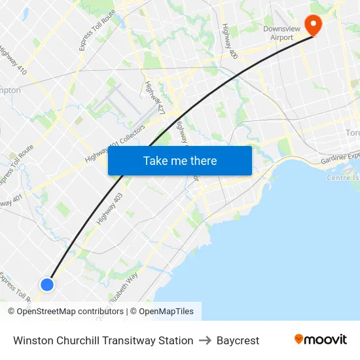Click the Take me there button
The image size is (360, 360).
[x=180, y=161]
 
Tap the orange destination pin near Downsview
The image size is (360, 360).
[x=314, y=25]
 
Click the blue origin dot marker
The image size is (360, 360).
[x=47, y=284]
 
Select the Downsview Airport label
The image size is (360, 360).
[x=278, y=33]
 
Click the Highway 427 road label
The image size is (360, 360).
[x=154, y=98]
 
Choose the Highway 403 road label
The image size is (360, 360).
[x=109, y=209]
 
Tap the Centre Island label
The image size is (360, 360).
[x=343, y=177]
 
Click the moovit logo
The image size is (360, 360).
[x=321, y=340]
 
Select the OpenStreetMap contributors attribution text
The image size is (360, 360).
[x=70, y=312]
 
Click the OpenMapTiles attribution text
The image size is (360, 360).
[x=166, y=312]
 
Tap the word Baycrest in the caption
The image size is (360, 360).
[x=238, y=340]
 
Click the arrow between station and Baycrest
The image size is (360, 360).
[x=205, y=340]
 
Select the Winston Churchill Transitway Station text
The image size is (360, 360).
[x=103, y=340]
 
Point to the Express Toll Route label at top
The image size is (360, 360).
[x=97, y=29]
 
